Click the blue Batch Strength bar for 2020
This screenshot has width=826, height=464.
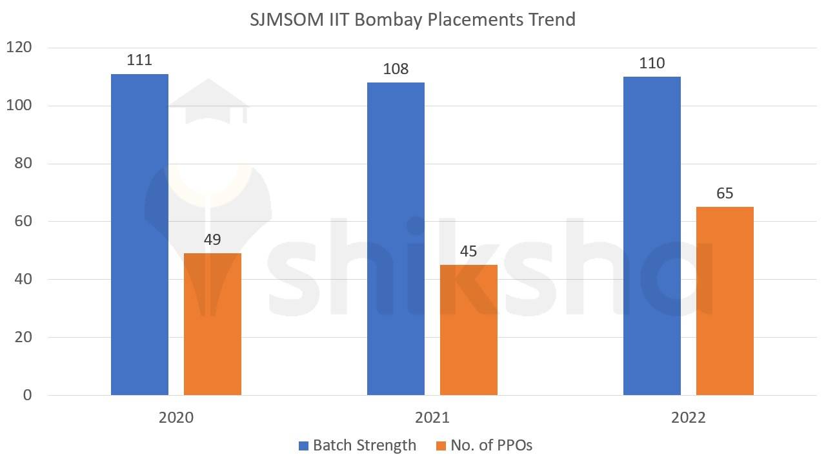(139, 235)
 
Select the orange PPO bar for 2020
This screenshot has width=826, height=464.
(212, 324)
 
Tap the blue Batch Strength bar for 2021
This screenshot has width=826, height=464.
(396, 238)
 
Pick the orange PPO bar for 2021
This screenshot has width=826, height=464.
(468, 330)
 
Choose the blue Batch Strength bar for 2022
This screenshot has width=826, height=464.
(652, 236)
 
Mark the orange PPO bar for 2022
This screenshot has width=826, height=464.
(725, 301)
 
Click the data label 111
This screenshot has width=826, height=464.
(139, 60)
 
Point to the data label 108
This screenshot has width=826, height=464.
(396, 69)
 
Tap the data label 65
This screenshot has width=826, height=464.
(725, 193)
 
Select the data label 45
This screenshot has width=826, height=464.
(468, 251)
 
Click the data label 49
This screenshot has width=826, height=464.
(212, 240)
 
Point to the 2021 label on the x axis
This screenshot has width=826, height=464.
(432, 418)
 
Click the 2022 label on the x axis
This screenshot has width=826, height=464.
(689, 418)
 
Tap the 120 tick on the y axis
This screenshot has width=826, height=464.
(19, 48)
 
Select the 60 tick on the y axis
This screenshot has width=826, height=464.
(23, 221)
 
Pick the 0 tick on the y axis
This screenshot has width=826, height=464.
(27, 395)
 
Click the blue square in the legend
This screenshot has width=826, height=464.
(304, 445)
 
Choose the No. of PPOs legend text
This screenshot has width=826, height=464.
(492, 445)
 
